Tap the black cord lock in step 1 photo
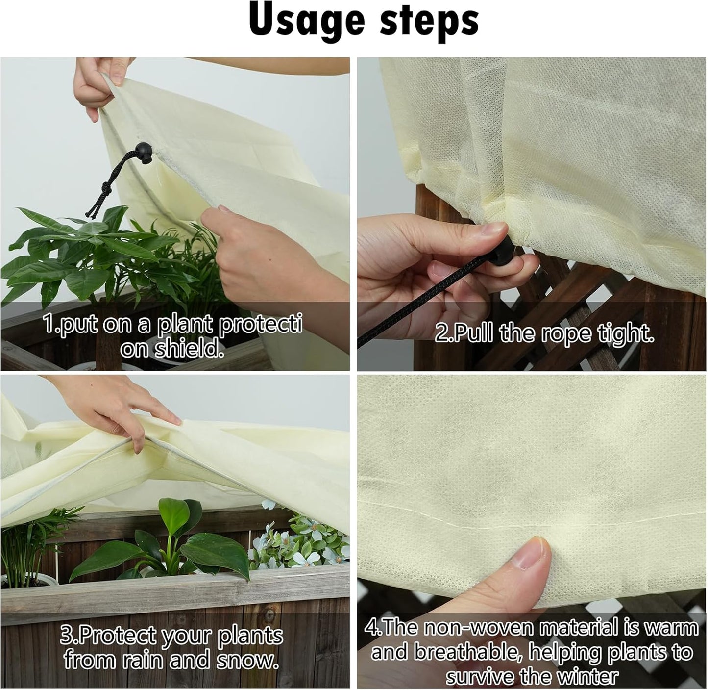[x=143, y=150]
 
